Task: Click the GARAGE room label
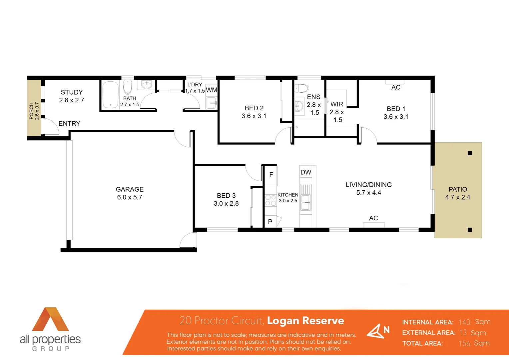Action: coord(130,189)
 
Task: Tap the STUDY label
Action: coord(72,92)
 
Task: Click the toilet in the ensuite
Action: coord(301,88)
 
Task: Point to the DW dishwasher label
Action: coord(306,172)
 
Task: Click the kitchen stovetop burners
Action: coord(270,200)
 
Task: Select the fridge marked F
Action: coord(271,174)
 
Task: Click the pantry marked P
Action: coord(270,222)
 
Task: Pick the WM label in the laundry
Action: coord(212,90)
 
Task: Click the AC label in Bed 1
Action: coord(396,87)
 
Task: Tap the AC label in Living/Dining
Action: coord(373,218)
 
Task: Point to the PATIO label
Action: coord(458,189)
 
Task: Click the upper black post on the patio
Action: coord(470,153)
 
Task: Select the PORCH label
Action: coord(31,111)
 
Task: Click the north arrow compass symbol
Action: coord(378,331)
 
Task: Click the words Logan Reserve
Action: coord(305,321)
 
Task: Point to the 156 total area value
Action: coord(464,343)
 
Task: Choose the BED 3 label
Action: coord(226,196)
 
